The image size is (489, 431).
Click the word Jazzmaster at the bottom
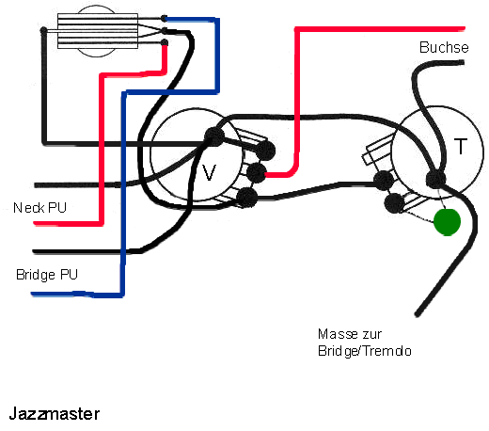[55, 414]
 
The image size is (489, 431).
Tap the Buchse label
[444, 47]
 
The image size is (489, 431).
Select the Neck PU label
[39, 208]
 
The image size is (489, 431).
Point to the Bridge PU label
[47, 275]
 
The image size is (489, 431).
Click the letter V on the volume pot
[209, 172]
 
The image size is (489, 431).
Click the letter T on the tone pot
[461, 146]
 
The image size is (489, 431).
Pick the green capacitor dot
[447, 222]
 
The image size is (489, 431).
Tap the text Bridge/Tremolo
[365, 351]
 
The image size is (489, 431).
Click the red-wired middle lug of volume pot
[257, 173]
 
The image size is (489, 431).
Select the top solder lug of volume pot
[266, 151]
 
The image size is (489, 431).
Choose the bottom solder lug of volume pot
[246, 198]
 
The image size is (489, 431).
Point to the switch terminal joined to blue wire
[164, 19]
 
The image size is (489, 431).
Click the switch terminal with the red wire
[164, 43]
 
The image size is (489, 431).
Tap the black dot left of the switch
[43, 30]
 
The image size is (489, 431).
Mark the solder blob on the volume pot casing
[214, 136]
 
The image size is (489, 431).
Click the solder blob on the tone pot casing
[436, 180]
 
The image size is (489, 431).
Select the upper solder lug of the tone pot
[384, 181]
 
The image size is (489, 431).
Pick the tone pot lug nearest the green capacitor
[394, 203]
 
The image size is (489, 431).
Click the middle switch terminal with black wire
[164, 30]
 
